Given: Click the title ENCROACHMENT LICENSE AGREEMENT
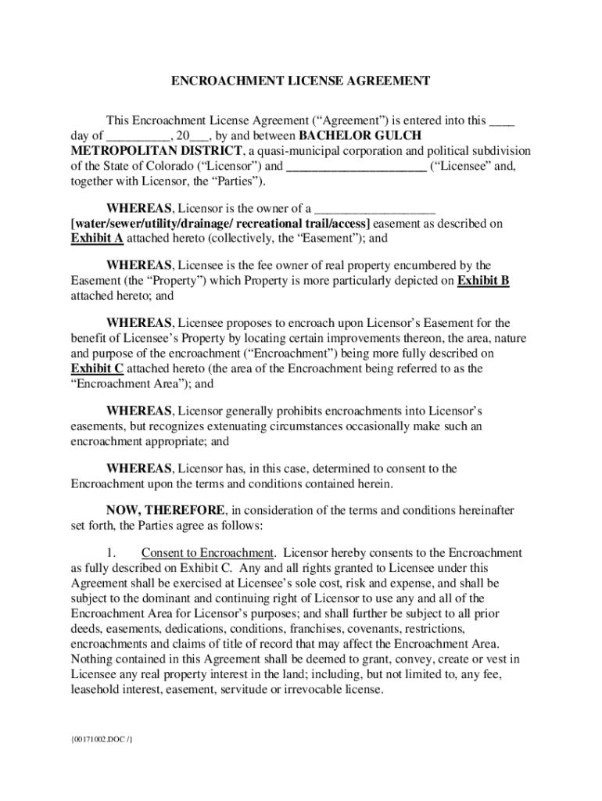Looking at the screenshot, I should point(301,81).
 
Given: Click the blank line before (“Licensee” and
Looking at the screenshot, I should point(356,166).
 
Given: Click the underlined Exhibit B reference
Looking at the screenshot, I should point(483,281).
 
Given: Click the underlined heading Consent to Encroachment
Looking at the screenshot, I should point(208,553).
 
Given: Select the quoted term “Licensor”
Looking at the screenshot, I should point(232,166).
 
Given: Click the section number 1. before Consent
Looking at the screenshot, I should point(112,553).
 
